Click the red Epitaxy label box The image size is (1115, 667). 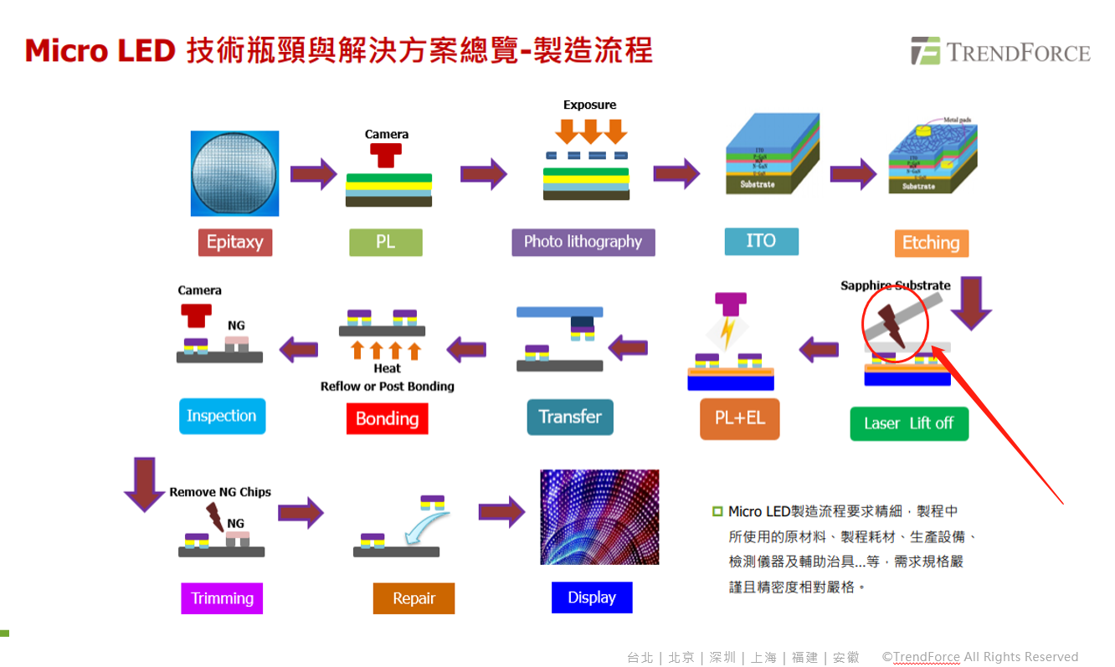(234, 243)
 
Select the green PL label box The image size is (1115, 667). (385, 243)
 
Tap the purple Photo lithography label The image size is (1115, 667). (583, 243)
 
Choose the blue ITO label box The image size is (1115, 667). (760, 241)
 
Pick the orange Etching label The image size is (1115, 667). (931, 244)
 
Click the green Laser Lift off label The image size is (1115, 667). (908, 423)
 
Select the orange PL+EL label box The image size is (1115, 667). (740, 418)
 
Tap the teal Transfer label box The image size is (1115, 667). (570, 417)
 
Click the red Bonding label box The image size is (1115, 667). (387, 418)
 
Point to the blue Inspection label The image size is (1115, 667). (222, 416)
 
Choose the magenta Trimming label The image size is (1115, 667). (222, 598)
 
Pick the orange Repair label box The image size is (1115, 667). (414, 598)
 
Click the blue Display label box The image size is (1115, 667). (592, 598)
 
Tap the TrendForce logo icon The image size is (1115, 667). (926, 51)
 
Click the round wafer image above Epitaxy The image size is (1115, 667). (234, 173)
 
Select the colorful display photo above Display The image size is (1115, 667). (599, 516)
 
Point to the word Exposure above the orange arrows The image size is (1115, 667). (589, 105)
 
